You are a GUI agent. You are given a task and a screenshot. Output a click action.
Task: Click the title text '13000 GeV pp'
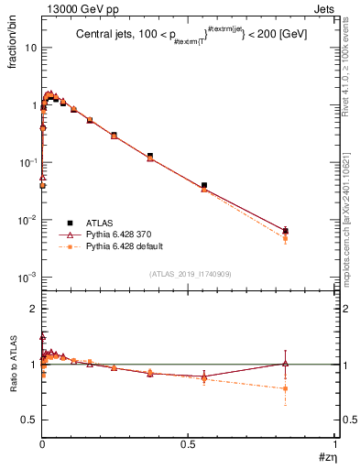tap(72, 8)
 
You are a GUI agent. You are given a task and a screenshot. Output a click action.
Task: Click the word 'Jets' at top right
tap(322, 8)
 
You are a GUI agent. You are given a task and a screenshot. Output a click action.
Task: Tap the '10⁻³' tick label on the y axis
tap(27, 277)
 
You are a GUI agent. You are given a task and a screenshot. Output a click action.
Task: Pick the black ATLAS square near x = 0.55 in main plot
tap(204, 185)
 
